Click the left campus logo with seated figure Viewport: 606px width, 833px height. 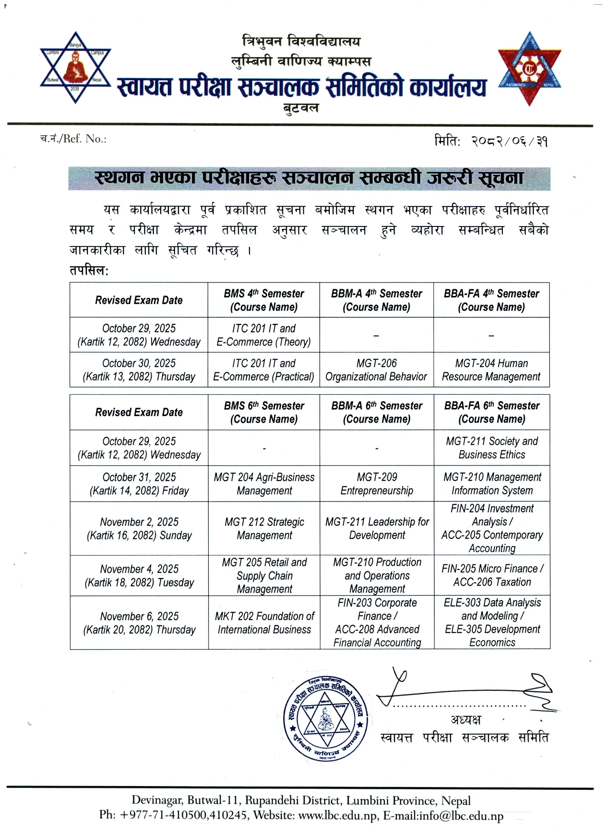pyautogui.click(x=75, y=67)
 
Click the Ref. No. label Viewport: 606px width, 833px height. pyautogui.click(x=73, y=139)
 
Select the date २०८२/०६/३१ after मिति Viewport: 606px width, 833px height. pyautogui.click(x=509, y=141)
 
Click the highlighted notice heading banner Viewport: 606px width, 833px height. pyautogui.click(x=309, y=178)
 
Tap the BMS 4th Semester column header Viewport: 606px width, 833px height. pyautogui.click(x=264, y=300)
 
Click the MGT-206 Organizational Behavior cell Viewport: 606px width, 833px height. pyautogui.click(x=376, y=370)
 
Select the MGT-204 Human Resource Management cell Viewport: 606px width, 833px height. pyautogui.click(x=491, y=370)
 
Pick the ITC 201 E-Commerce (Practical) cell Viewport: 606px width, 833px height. pyautogui.click(x=264, y=370)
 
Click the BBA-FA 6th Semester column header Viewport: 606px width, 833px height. pyautogui.click(x=491, y=412)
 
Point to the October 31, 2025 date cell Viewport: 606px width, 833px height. pyautogui.click(x=139, y=483)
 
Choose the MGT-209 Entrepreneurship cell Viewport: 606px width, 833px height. pyautogui.click(x=376, y=483)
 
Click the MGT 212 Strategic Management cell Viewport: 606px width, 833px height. pyautogui.click(x=264, y=528)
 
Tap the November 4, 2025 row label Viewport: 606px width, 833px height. pyautogui.click(x=139, y=576)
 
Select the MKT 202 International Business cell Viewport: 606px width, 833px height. pyautogui.click(x=264, y=623)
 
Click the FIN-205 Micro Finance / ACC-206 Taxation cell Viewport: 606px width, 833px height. pyautogui.click(x=492, y=575)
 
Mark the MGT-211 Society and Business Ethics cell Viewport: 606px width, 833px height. pyautogui.click(x=492, y=448)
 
